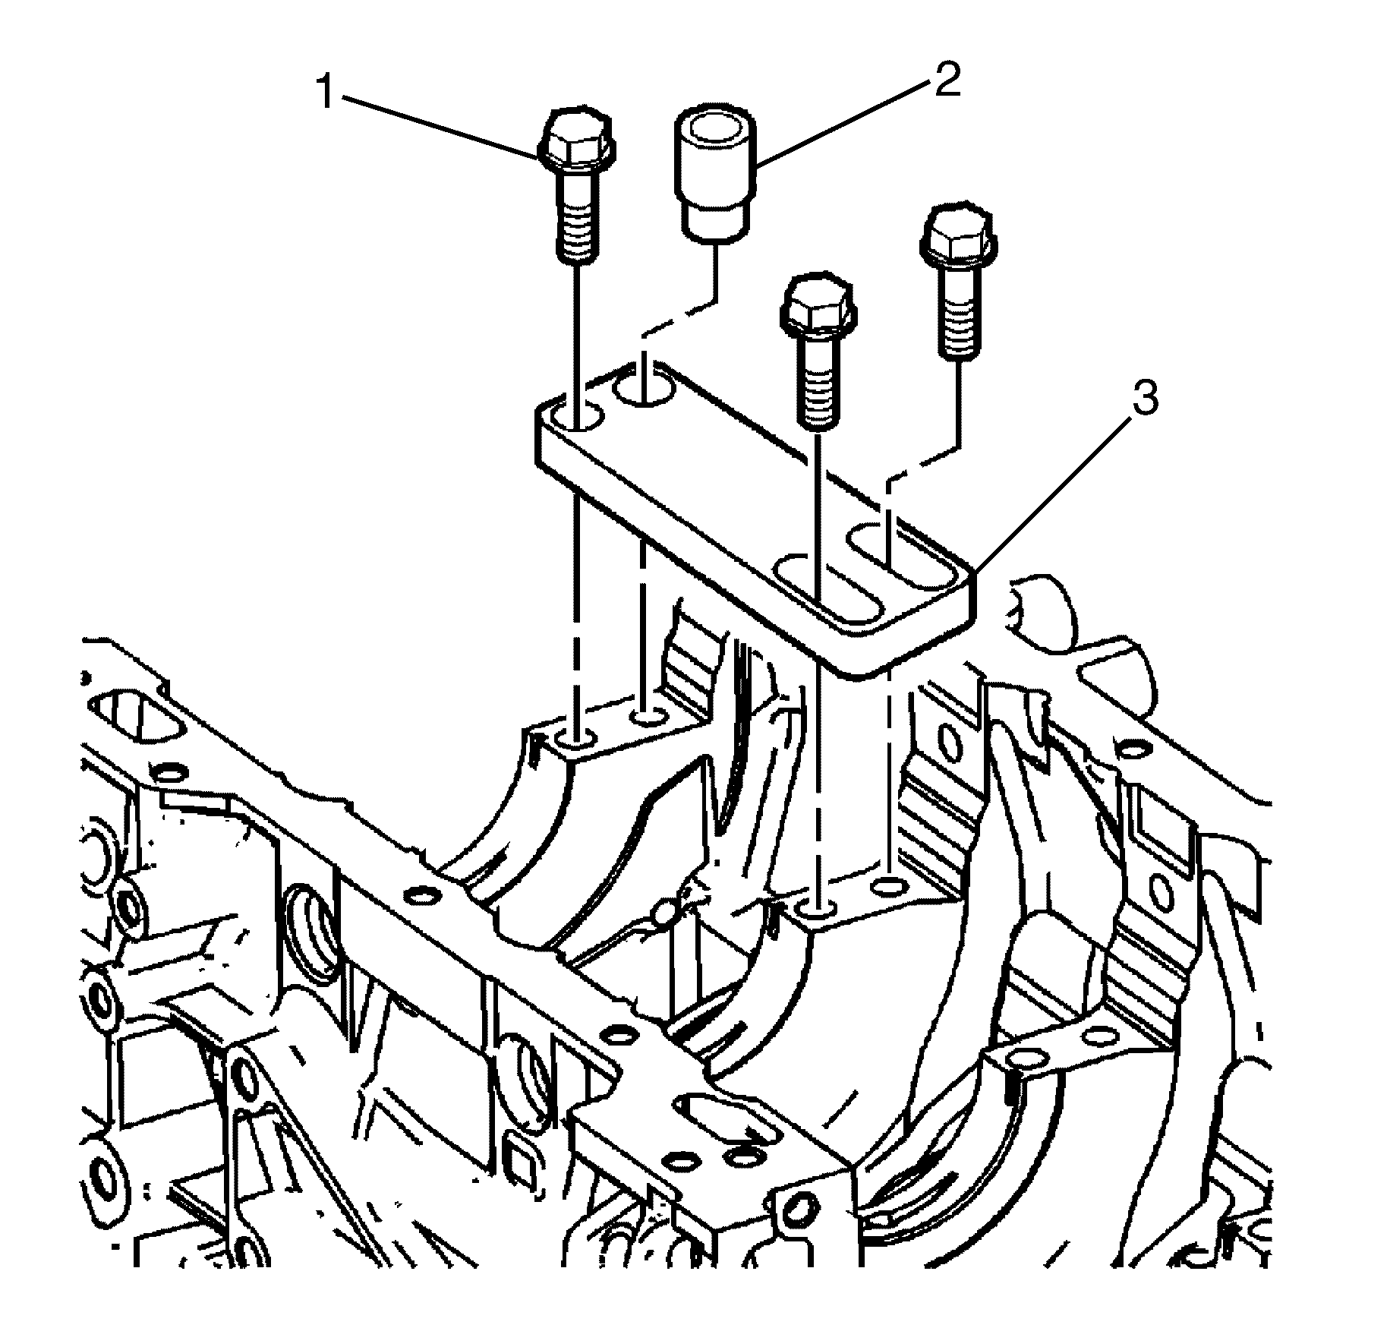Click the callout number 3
(1145, 398)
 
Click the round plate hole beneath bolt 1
(575, 417)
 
